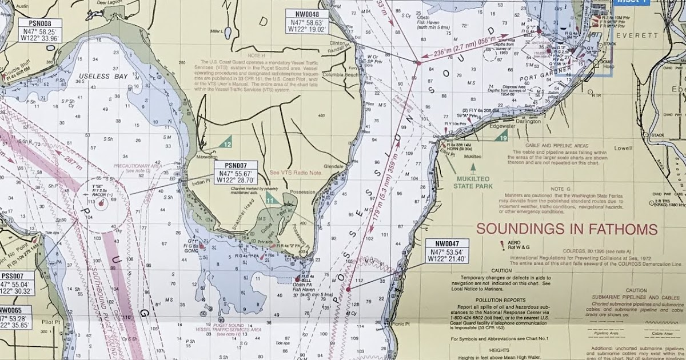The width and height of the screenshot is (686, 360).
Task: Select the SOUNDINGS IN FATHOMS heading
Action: [567, 230]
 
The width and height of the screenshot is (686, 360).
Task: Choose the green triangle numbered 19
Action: [502, 137]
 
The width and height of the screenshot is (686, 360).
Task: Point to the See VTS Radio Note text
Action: [296, 172]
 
